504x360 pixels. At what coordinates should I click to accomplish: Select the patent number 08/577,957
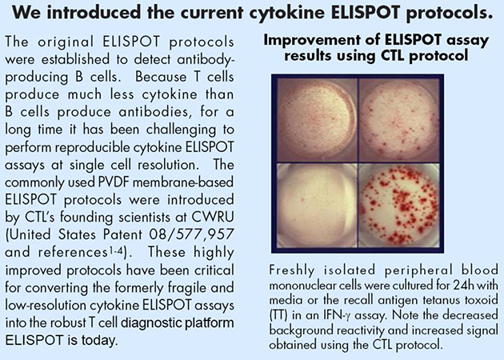[191, 234]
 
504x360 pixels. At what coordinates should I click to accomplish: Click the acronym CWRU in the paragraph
[213, 217]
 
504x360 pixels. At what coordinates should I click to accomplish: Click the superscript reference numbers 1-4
[116, 250]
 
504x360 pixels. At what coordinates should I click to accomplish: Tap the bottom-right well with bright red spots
[399, 206]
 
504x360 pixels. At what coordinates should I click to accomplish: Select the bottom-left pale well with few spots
[317, 206]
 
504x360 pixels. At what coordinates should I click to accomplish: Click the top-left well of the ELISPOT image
[317, 120]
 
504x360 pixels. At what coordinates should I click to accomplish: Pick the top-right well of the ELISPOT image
[399, 120]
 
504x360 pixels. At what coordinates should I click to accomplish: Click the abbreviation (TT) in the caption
[278, 315]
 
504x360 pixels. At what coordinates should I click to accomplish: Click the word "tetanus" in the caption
[437, 300]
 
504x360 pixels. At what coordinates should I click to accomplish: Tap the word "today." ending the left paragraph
[100, 340]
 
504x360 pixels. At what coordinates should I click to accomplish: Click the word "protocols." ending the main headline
[450, 13]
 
